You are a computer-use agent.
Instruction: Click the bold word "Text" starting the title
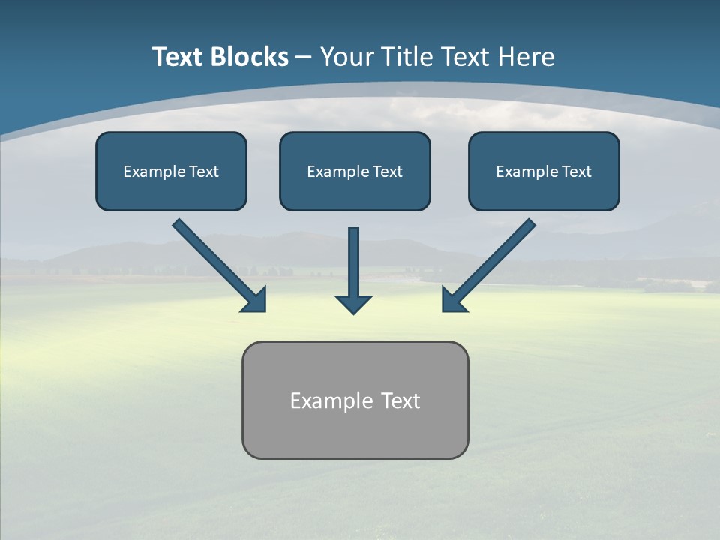(178, 57)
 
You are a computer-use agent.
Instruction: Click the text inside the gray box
(355, 400)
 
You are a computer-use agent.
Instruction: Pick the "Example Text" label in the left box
(171, 172)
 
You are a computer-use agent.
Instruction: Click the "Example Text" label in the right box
(544, 172)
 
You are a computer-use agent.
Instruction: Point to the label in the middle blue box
(355, 172)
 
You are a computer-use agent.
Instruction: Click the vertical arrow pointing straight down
(353, 262)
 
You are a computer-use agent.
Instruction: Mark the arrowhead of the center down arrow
(353, 304)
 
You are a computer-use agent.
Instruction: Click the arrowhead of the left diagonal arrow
(255, 300)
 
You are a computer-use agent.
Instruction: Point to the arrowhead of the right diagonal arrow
(453, 300)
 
